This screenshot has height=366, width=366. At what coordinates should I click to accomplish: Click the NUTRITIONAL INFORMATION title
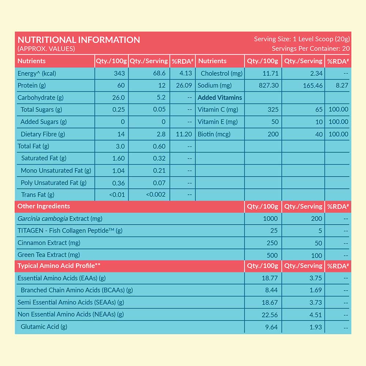tap(79, 40)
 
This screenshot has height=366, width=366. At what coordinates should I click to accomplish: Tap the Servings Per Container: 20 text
tap(311, 48)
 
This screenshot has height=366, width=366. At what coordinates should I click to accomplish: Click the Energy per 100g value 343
tap(119, 73)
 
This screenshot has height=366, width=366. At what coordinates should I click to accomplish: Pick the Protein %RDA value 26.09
tap(184, 85)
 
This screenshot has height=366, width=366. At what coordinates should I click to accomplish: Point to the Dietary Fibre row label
tap(43, 134)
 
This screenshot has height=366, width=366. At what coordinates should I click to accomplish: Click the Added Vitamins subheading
tap(220, 98)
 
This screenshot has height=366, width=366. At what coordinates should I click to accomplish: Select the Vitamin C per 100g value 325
tap(273, 109)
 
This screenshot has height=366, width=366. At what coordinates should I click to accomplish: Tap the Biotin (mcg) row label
tap(214, 134)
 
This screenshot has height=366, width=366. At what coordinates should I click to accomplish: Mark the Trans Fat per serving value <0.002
tap(156, 195)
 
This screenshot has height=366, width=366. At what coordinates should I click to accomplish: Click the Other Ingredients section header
tap(44, 206)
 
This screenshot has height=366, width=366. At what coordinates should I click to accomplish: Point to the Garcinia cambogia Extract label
tap(60, 219)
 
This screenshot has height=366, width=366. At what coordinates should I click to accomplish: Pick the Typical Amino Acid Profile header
tap(59, 265)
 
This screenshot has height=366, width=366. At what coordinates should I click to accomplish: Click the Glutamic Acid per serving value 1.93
tap(315, 327)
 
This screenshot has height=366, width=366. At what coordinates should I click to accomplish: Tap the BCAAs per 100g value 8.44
tap(270, 290)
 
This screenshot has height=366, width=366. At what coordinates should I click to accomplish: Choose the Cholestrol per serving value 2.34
tap(316, 73)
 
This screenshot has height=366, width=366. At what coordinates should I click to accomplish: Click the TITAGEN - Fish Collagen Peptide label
tap(70, 231)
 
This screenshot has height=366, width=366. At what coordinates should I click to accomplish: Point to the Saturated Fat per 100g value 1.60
tap(118, 158)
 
